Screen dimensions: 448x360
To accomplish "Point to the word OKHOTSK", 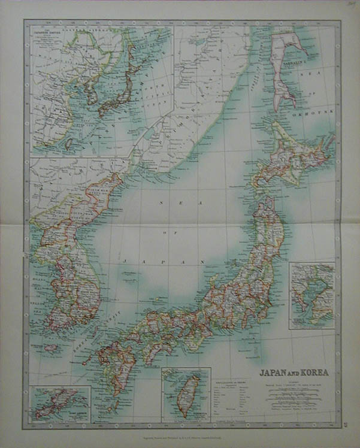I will click(311, 112).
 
